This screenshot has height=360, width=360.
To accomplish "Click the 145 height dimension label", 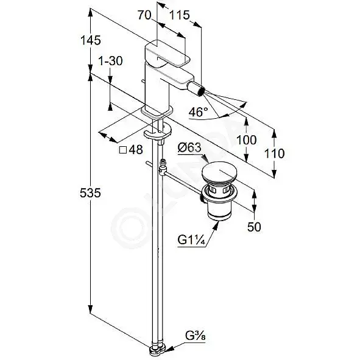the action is tap(91, 41).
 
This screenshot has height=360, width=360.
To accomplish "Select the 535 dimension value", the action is tap(90, 193).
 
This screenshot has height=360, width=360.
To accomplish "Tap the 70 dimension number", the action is tap(144, 16).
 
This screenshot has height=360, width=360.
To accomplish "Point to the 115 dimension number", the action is tap(180, 16).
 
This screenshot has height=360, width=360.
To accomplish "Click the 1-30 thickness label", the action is tap(110, 61).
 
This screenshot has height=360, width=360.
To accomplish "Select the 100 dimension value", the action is tap(246, 140).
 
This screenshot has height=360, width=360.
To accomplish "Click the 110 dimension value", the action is tap(274, 154).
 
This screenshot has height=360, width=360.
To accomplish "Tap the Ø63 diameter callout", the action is tap(189, 147).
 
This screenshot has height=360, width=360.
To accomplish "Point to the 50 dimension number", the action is tap(255, 227).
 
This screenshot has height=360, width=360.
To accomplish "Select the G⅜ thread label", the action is tap(196, 337).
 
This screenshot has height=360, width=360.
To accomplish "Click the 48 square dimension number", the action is tap(136, 150).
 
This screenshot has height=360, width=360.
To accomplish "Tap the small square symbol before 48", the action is tap(123, 150).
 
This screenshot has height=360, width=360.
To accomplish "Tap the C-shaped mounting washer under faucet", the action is tap(158, 132).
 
